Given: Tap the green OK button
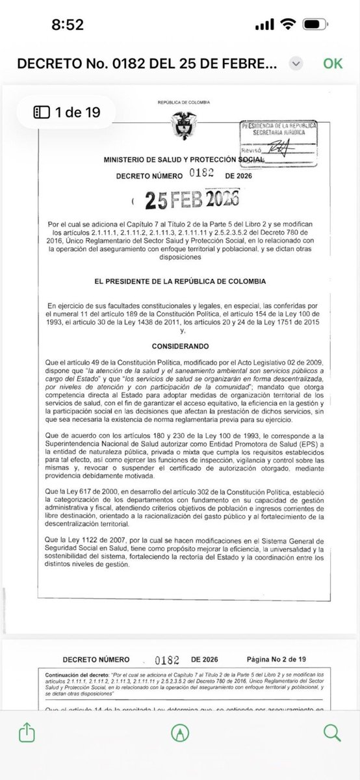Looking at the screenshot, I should click(333, 63).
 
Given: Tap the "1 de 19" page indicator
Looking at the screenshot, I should click(67, 112).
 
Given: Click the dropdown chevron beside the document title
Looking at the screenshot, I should click(296, 64).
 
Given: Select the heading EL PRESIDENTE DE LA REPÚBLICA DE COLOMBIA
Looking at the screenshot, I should click(179, 281).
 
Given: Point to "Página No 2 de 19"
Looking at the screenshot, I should click(277, 658).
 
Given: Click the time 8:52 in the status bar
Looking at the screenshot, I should click(67, 25).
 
